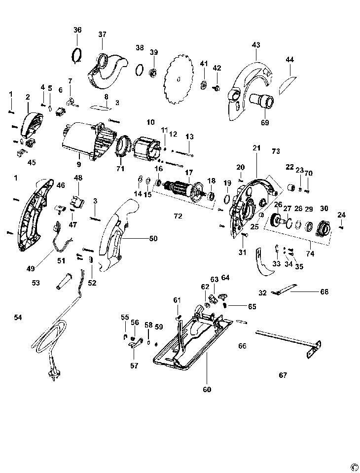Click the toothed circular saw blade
click(179, 79)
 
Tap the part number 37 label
click(102, 35)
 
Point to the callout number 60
click(207, 389)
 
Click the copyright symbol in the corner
click(353, 466)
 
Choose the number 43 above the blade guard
click(255, 45)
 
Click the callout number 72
click(178, 216)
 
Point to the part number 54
click(18, 317)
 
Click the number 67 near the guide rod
click(283, 375)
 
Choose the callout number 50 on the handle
click(153, 238)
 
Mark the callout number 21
click(256, 148)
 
